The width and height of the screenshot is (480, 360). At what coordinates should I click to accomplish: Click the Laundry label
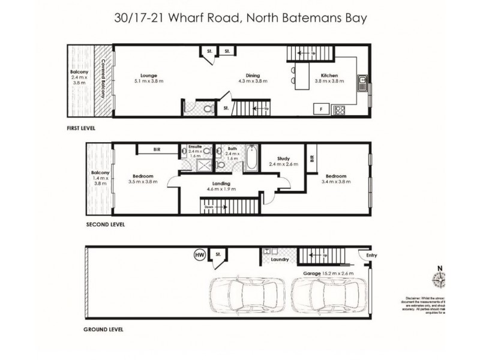(280, 260)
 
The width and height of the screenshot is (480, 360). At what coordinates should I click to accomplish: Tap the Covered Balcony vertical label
(104, 79)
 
